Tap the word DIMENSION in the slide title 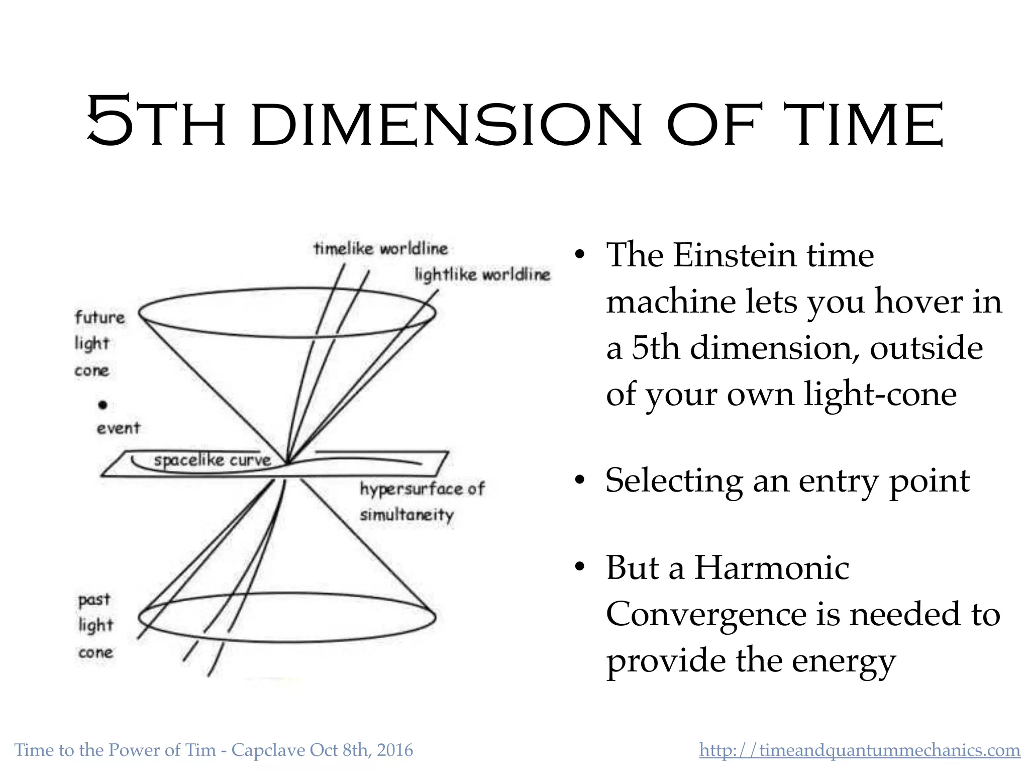point(446,125)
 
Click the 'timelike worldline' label point(380,248)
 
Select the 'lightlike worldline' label point(482,274)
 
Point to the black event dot point(103,405)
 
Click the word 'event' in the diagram point(118,428)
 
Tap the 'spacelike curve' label point(212,460)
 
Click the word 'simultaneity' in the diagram point(407,515)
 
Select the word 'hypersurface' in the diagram point(410,489)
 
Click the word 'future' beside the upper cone point(99,318)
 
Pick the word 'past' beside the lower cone point(94,600)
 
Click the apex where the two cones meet point(287,463)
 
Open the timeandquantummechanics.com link point(860,750)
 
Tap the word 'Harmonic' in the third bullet point(771,568)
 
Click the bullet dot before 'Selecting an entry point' point(580,480)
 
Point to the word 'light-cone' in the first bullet point(880,394)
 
